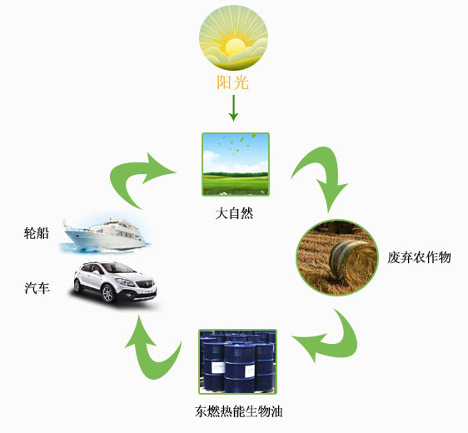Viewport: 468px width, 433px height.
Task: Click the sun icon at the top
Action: pyautogui.click(x=233, y=37)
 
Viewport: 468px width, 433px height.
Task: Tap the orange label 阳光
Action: pyautogui.click(x=233, y=82)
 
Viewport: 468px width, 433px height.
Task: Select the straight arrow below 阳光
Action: pyautogui.click(x=233, y=108)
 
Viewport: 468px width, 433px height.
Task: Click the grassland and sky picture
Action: pyautogui.click(x=236, y=164)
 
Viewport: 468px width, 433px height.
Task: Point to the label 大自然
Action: pyautogui.click(x=234, y=213)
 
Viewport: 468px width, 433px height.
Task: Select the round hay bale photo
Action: pyautogui.click(x=337, y=257)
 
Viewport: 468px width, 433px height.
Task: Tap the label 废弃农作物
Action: pyautogui.click(x=419, y=257)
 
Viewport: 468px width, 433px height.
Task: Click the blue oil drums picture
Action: pyautogui.click(x=238, y=361)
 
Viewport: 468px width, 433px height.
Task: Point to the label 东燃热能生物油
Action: pyautogui.click(x=238, y=411)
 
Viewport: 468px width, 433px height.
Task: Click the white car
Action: pyautogui.click(x=115, y=281)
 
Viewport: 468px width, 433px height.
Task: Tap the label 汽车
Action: pyautogui.click(x=37, y=288)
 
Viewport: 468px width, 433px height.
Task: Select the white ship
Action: pyautogui.click(x=104, y=235)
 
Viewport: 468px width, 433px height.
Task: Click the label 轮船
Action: pyautogui.click(x=36, y=233)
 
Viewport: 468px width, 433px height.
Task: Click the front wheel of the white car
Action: pyautogui.click(x=107, y=294)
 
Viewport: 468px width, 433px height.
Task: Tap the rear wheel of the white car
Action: pyautogui.click(x=77, y=286)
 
